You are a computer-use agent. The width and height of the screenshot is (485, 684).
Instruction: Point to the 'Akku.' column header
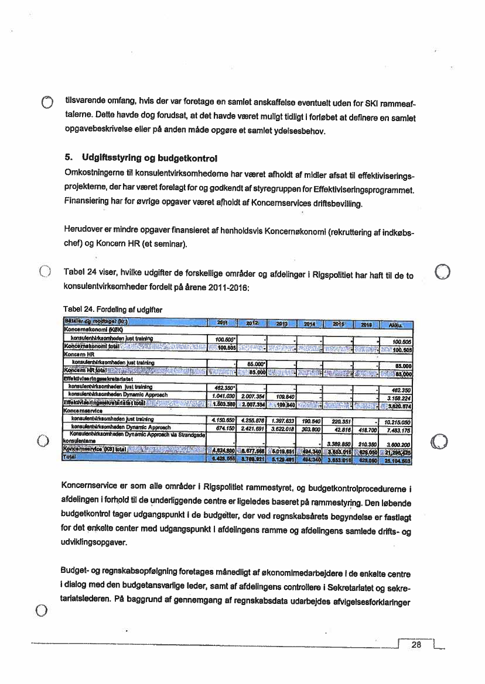397,324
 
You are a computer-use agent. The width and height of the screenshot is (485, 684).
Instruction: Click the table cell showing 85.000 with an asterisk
253,362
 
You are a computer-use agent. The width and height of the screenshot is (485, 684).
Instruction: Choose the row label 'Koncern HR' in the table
79,354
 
